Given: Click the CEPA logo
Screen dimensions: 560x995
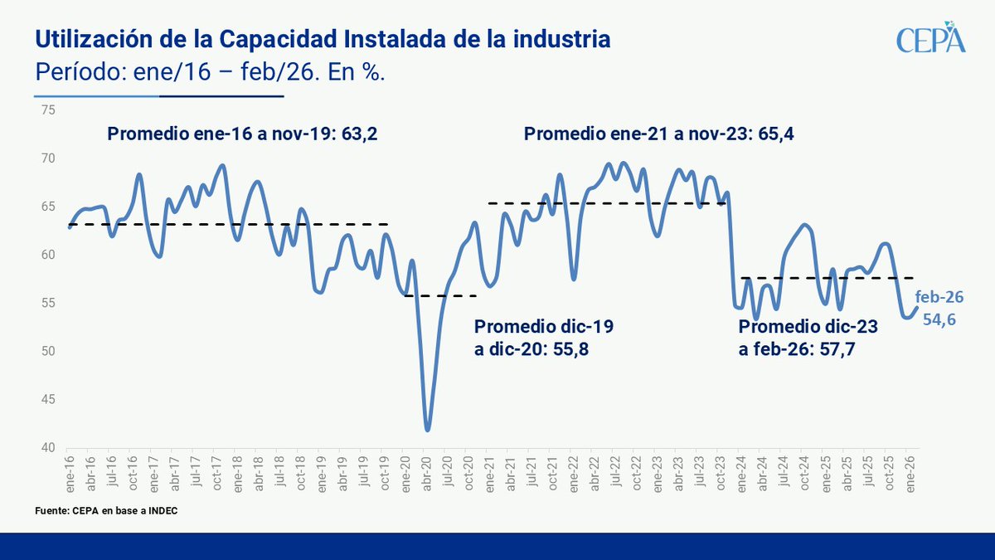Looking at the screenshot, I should click(x=931, y=39).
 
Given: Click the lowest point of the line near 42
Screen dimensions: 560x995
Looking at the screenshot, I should click(x=427, y=430).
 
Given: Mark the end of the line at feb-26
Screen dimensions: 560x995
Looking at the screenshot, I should click(x=916, y=307).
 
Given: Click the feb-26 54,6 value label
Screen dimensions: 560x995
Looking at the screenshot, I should click(x=939, y=309).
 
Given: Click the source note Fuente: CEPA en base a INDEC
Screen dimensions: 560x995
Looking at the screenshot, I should click(x=106, y=511).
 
